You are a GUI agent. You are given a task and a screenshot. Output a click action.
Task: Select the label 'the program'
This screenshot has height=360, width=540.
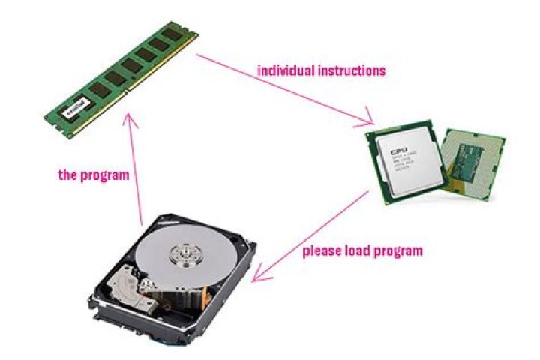point(94,175)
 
